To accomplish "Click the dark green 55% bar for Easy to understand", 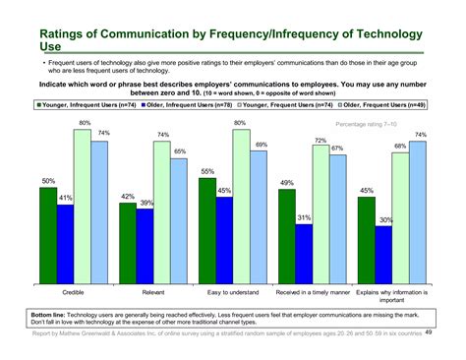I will (x=206, y=231).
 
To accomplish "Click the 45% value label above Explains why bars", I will (x=365, y=191).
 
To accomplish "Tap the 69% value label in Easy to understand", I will (x=261, y=145).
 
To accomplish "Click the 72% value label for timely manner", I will (x=320, y=140).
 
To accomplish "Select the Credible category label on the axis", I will (x=73, y=293).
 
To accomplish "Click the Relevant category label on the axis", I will (x=152, y=293).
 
